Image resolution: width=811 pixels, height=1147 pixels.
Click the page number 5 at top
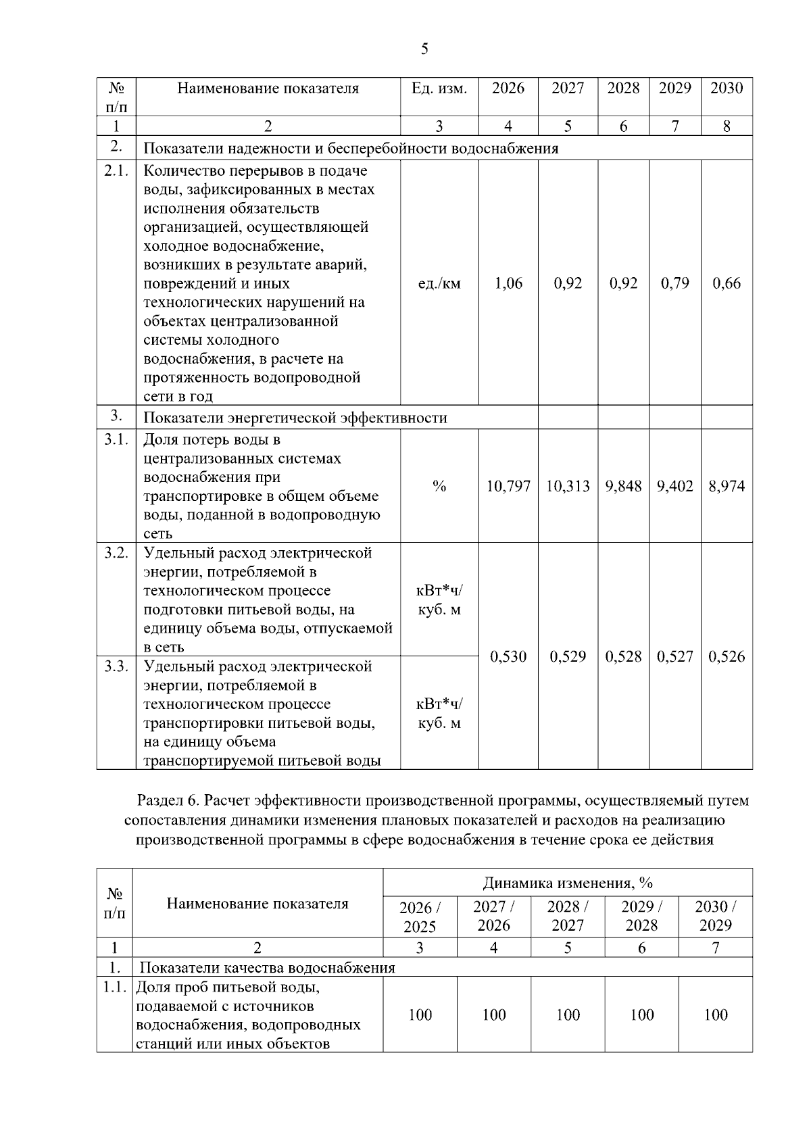(x=424, y=49)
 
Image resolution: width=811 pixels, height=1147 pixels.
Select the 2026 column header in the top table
(x=508, y=88)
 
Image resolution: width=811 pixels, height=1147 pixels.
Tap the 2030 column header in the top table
(x=727, y=88)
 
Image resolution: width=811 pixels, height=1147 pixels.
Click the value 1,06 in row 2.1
(x=508, y=283)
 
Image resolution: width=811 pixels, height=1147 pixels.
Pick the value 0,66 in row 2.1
(x=727, y=283)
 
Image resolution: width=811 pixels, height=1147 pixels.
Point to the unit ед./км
(x=439, y=283)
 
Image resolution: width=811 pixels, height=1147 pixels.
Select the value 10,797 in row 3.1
(x=508, y=486)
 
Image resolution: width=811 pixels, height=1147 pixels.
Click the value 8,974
(x=727, y=486)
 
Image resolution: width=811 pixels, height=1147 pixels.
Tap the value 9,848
(x=623, y=486)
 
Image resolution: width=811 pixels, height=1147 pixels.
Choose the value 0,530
(x=508, y=656)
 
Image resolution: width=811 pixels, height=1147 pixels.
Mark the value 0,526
(x=727, y=656)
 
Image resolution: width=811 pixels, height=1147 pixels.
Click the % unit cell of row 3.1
(x=439, y=486)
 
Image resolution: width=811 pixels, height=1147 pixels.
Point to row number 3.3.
(x=116, y=666)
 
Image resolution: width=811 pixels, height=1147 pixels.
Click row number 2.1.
(x=116, y=171)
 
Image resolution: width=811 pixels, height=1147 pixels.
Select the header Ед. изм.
(x=439, y=88)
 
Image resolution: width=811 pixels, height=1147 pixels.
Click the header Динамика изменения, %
(x=568, y=883)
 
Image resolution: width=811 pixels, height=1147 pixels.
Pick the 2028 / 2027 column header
(x=568, y=916)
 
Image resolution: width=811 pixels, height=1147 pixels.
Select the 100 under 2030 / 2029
(x=715, y=1015)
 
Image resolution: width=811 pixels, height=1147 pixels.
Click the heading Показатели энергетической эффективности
(x=295, y=418)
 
